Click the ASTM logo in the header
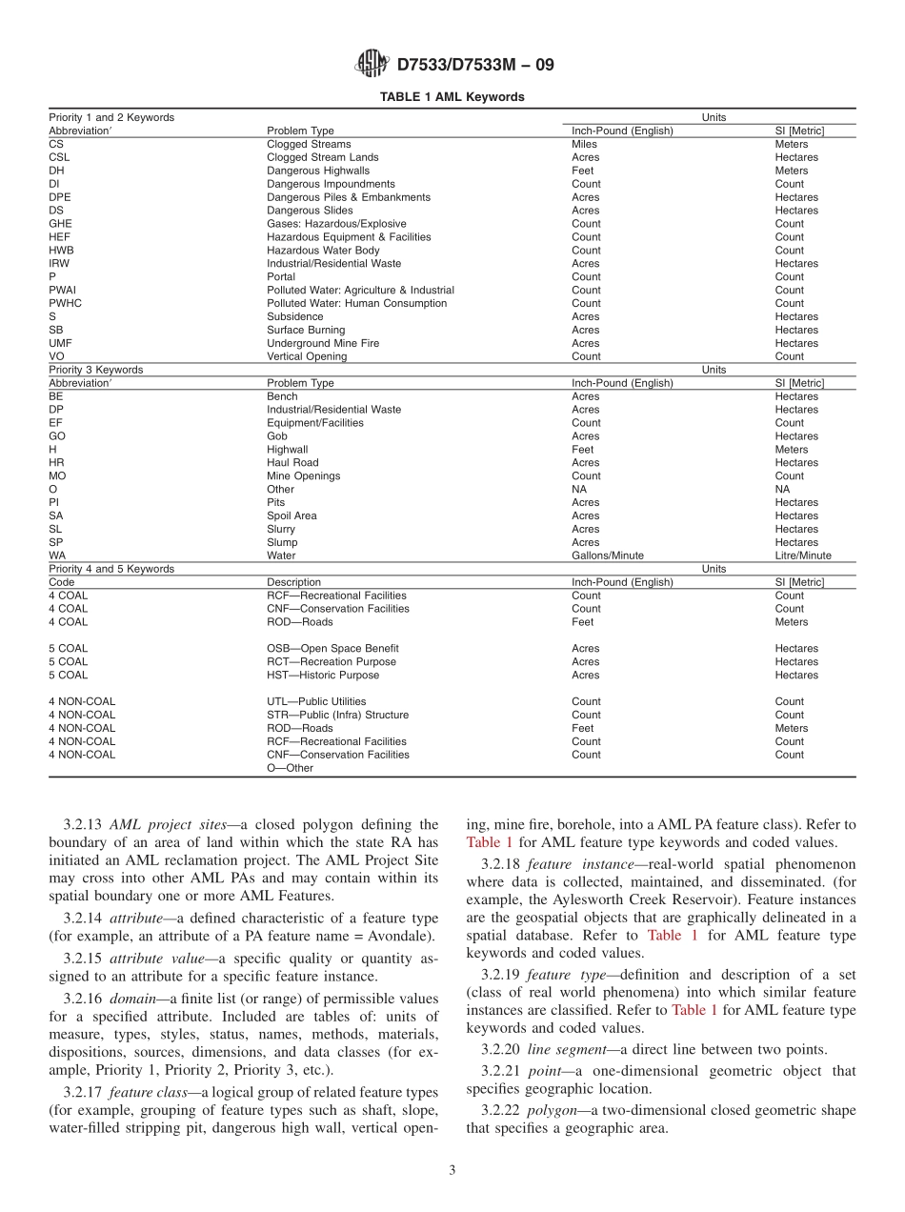point(372,65)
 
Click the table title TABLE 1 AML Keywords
point(452,97)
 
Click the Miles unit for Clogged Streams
point(584,144)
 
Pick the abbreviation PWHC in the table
point(65,303)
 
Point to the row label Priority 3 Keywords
point(95,370)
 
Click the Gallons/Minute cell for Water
point(607,555)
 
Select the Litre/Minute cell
point(802,555)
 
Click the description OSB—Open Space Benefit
point(332,649)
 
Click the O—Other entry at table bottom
point(290,768)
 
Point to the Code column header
point(62,582)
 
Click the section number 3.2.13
point(85,825)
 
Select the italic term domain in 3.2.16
point(129,999)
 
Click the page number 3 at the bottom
point(452,1170)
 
